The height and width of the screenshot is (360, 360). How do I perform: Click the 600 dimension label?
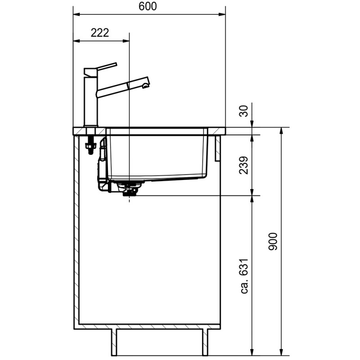point(148,6)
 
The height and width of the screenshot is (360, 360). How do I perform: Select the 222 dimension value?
point(99,33)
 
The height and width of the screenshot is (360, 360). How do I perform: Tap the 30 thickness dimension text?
point(244,111)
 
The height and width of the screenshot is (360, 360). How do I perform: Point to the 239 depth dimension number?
point(244,165)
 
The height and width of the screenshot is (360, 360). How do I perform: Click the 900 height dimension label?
point(273,241)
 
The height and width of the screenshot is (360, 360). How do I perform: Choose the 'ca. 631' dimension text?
point(244,276)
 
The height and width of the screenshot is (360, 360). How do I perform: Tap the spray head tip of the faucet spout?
point(145,85)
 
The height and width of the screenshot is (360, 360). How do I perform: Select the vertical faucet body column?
point(91,101)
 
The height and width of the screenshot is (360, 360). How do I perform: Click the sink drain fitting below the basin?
point(129,190)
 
